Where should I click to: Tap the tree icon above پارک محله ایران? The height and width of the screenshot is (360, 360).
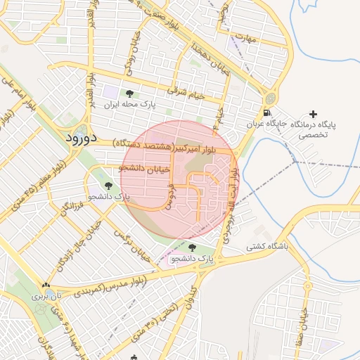point(129,93)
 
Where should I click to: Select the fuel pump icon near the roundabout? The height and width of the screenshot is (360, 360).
point(266,112)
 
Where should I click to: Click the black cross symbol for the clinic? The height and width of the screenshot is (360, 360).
point(313,114)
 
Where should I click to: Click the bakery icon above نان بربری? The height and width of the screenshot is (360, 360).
point(46,285)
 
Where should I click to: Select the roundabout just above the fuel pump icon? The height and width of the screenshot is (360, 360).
point(271,98)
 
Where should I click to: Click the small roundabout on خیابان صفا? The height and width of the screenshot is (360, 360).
point(307,286)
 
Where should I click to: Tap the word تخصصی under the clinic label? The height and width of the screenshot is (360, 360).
point(314,135)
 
